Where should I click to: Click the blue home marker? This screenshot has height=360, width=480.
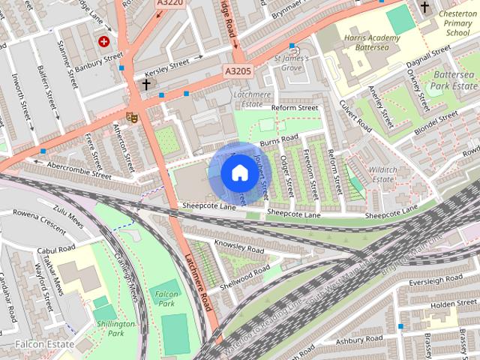pos(238,172)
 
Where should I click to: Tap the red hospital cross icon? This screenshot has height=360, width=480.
pos(103,41)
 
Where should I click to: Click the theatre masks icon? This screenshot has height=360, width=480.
pos(131,116)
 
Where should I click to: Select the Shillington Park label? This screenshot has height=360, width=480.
pos(116,328)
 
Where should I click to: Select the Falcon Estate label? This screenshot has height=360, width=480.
pos(45,344)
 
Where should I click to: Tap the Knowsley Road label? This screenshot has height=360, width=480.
pos(239,246)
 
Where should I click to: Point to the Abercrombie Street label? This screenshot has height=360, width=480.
pos(79,169)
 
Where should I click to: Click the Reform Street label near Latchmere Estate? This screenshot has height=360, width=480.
pos(295,108)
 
